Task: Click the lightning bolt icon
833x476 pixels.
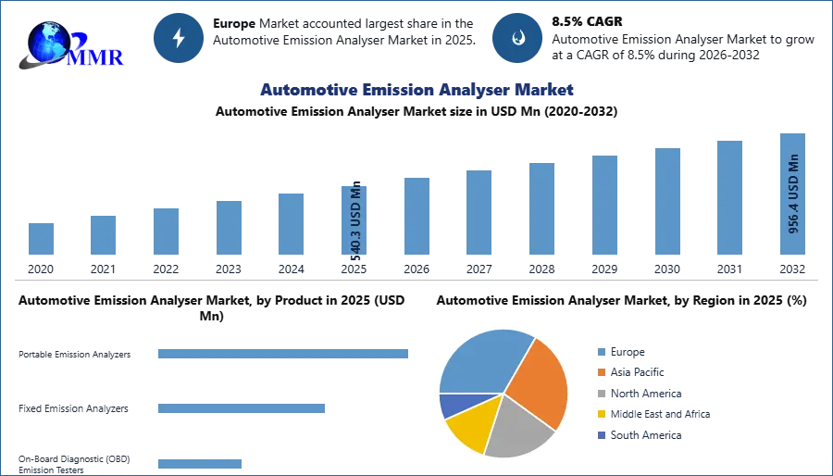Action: [180, 38]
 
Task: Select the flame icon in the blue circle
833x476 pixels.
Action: [517, 38]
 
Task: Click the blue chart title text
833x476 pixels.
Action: [417, 90]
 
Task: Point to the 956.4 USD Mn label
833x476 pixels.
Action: [793, 194]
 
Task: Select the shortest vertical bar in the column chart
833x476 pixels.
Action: [41, 240]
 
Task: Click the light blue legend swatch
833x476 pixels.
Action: [600, 352]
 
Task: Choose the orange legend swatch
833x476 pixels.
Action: [600, 372]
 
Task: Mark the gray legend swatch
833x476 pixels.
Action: [600, 394]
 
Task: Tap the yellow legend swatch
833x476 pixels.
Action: [600, 414]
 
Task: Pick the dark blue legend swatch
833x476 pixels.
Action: [600, 435]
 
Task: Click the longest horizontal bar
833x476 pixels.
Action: [284, 356]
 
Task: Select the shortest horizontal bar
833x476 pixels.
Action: [199, 466]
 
